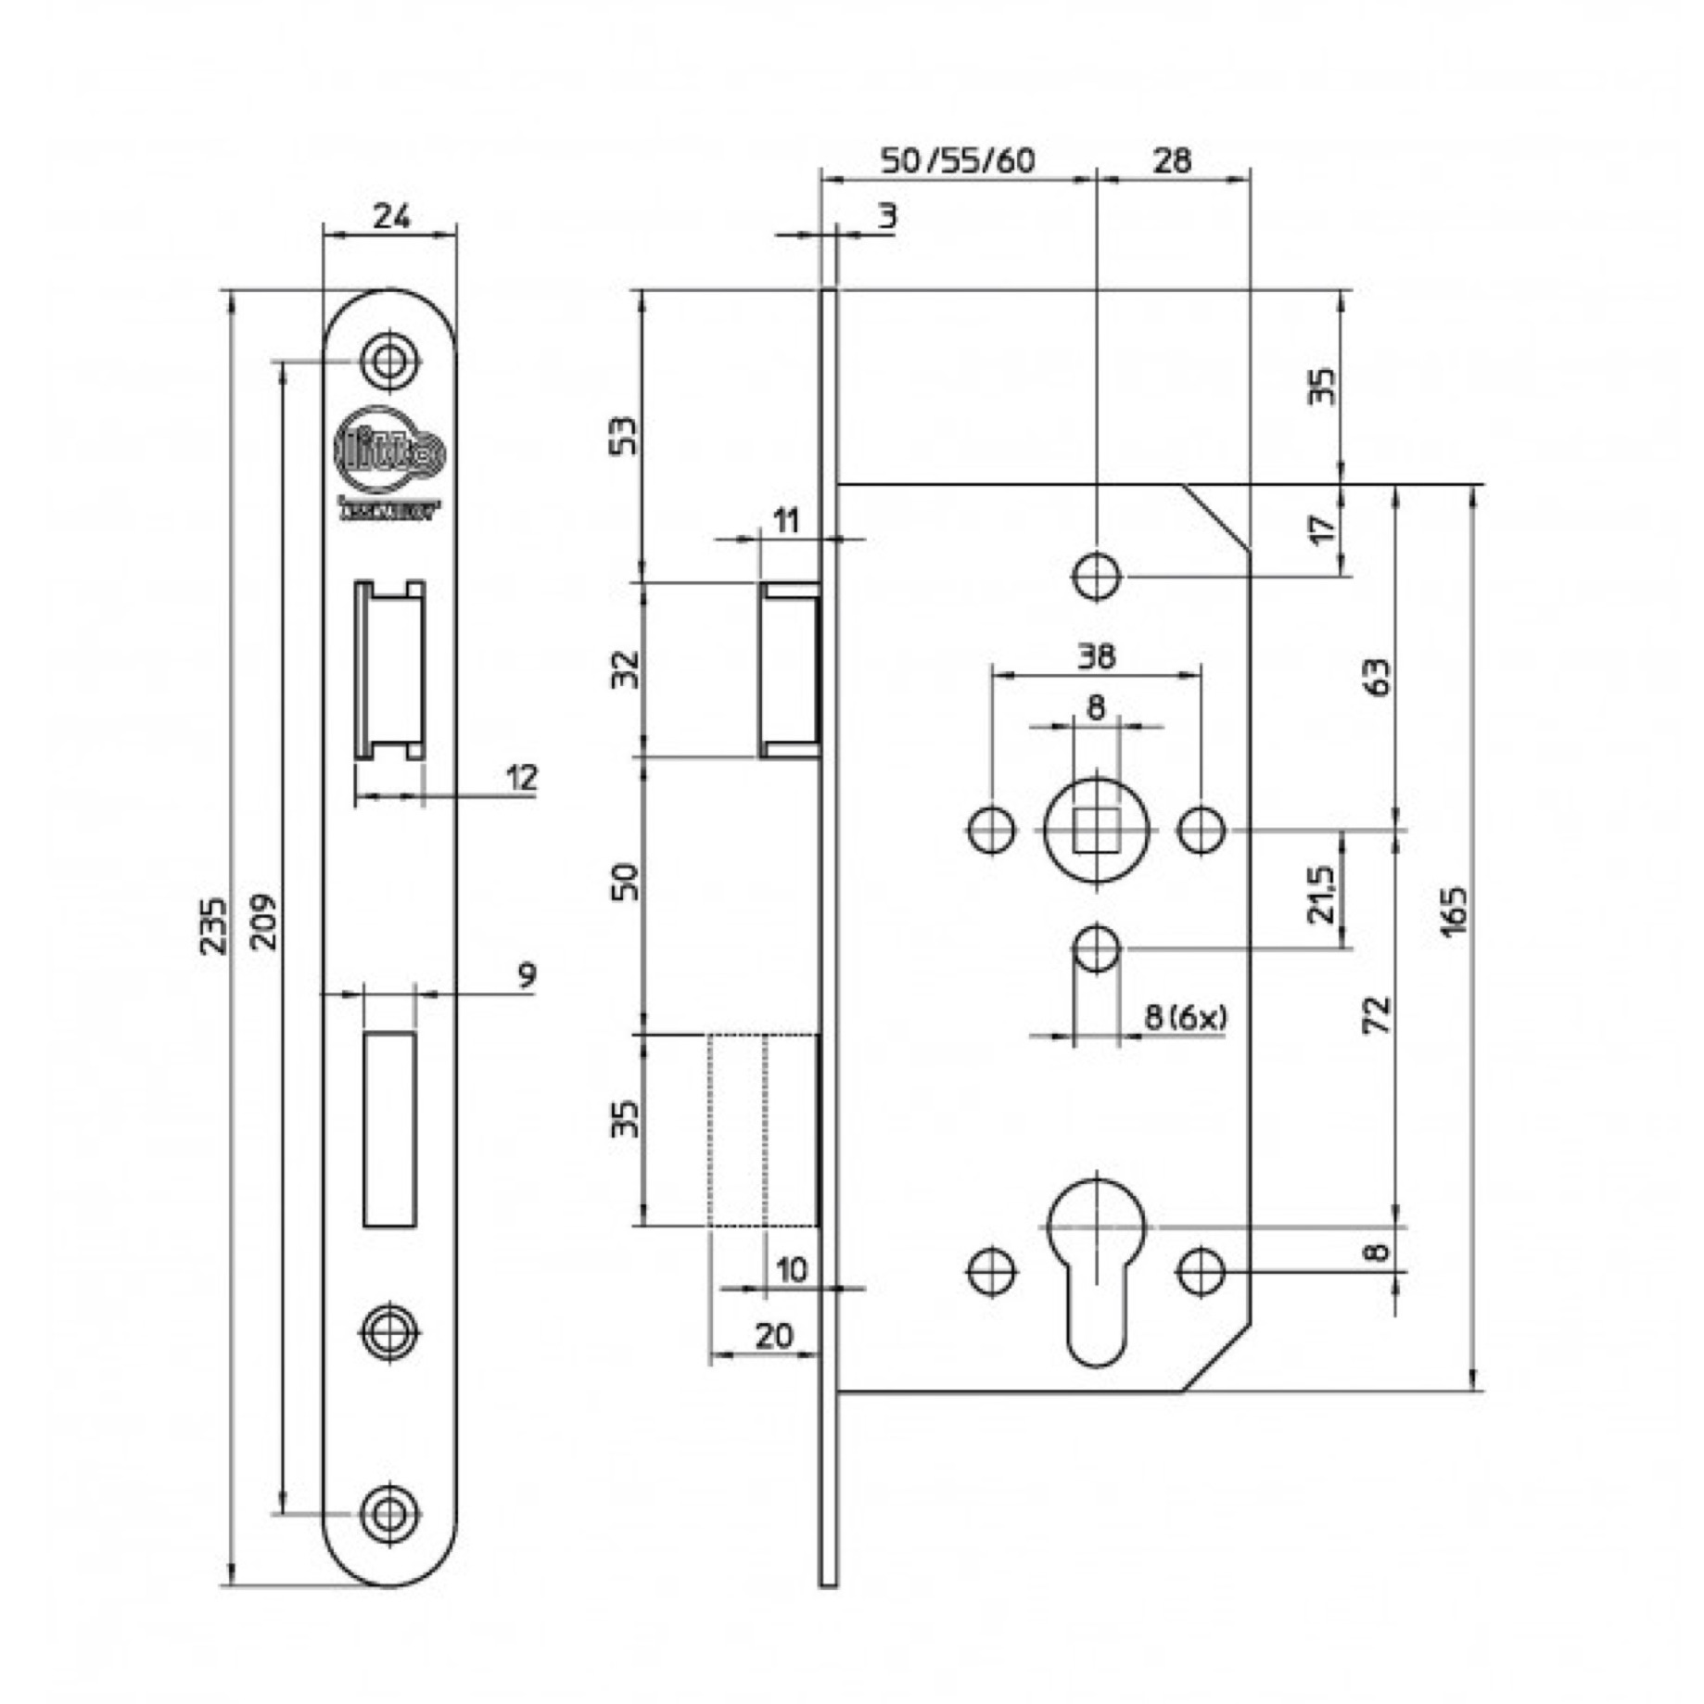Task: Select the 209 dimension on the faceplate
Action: coord(265,921)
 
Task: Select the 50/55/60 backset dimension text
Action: coord(957,161)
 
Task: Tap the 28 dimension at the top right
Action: coord(1172,160)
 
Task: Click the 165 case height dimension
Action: coord(1455,911)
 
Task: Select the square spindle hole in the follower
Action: coord(1097,830)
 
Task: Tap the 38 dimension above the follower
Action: coord(1097,656)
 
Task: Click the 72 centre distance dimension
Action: coord(1379,1013)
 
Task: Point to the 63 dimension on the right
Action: coord(1379,677)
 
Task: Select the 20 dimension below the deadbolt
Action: coord(774,1336)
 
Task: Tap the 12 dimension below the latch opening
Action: coord(522,777)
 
